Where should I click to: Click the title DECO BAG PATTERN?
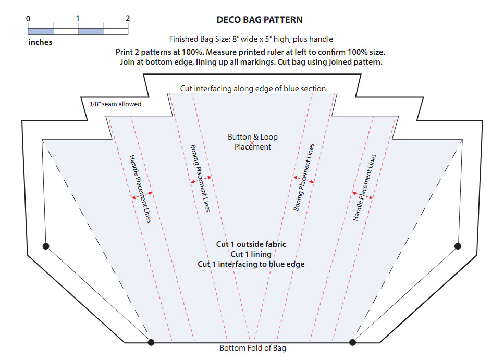259,20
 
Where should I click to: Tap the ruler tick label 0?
28,18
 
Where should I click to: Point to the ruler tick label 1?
77,18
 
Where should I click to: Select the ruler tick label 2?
128,18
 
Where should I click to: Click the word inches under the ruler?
40,42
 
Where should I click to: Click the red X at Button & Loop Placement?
253,142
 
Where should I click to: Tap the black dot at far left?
46,246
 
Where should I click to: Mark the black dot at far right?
458,246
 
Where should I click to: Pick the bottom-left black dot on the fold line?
151,342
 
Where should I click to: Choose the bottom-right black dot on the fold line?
352,342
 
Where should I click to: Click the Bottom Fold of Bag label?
252,348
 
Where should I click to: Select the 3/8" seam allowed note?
115,104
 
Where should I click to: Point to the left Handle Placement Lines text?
140,189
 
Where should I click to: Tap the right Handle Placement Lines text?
364,187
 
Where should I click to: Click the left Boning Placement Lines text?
200,178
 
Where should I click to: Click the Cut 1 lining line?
251,254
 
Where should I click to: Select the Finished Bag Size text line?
251,39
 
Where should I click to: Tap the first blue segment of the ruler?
41,31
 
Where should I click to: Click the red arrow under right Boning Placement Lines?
303,180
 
